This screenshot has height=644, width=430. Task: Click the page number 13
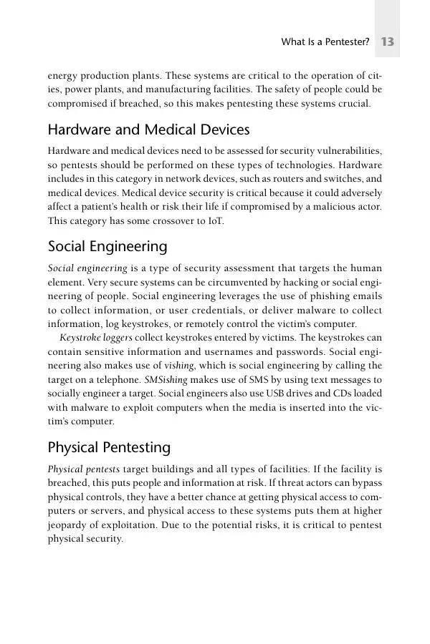[388, 42]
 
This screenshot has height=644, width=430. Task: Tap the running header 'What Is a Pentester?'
[325, 43]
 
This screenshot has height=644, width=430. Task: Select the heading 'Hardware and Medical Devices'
[148, 130]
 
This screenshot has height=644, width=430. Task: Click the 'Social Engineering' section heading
[107, 247]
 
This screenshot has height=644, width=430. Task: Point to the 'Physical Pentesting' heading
[109, 448]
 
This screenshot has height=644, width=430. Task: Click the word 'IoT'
[215, 221]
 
